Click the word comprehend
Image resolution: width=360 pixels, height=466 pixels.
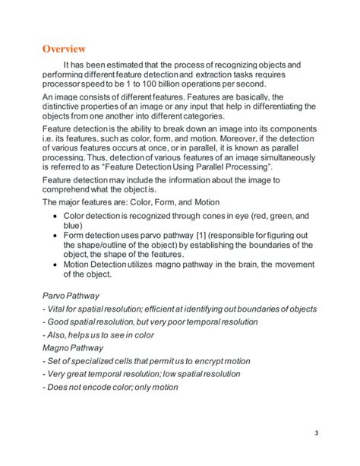tap(71, 189)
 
